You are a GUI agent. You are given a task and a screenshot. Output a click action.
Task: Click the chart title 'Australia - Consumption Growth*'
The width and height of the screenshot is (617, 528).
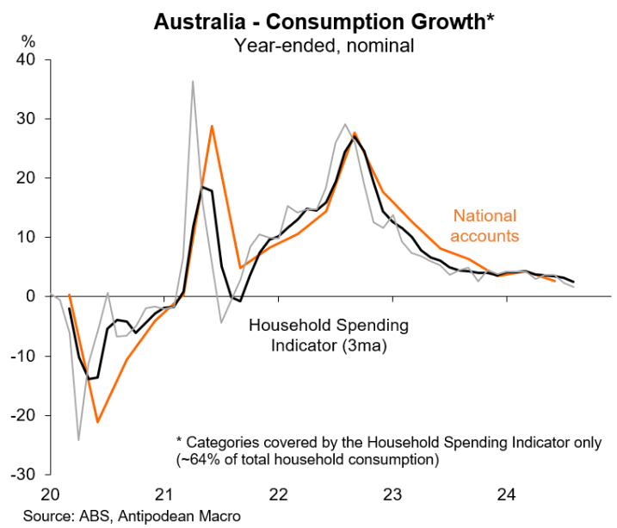[323, 22]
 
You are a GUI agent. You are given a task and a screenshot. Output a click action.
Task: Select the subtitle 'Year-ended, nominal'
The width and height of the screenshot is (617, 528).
[323, 45]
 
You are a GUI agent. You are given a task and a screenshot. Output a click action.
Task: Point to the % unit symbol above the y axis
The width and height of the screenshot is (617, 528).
[28, 41]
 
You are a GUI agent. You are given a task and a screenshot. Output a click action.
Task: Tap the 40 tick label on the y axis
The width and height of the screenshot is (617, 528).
[28, 59]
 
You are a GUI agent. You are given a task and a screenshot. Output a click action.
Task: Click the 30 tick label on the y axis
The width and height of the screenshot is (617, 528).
[28, 119]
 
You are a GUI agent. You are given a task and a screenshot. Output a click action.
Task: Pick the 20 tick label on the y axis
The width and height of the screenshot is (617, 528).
[28, 178]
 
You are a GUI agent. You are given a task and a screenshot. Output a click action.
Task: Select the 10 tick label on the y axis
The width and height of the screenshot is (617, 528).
[28, 237]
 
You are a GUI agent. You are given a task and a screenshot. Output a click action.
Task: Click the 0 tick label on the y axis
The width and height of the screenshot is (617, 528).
[32, 296]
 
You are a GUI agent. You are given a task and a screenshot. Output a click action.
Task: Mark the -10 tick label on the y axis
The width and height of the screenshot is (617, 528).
[24, 356]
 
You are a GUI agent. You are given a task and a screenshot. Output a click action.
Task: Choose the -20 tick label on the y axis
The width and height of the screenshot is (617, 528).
[24, 415]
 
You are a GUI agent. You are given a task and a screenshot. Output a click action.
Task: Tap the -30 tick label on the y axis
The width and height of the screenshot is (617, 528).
[24, 475]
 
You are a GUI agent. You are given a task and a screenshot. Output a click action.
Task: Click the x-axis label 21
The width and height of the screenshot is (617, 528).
[164, 495]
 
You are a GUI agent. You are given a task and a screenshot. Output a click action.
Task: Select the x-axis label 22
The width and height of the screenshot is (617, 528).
[279, 495]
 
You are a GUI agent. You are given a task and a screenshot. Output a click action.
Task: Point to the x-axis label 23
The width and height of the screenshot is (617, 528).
[392, 495]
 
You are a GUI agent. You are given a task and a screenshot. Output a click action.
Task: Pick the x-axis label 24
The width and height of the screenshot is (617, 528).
[507, 495]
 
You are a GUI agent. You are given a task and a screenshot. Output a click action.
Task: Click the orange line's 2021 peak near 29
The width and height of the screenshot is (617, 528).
[212, 127]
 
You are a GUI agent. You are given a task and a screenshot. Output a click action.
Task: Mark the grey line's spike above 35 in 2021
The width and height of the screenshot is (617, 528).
[193, 82]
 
